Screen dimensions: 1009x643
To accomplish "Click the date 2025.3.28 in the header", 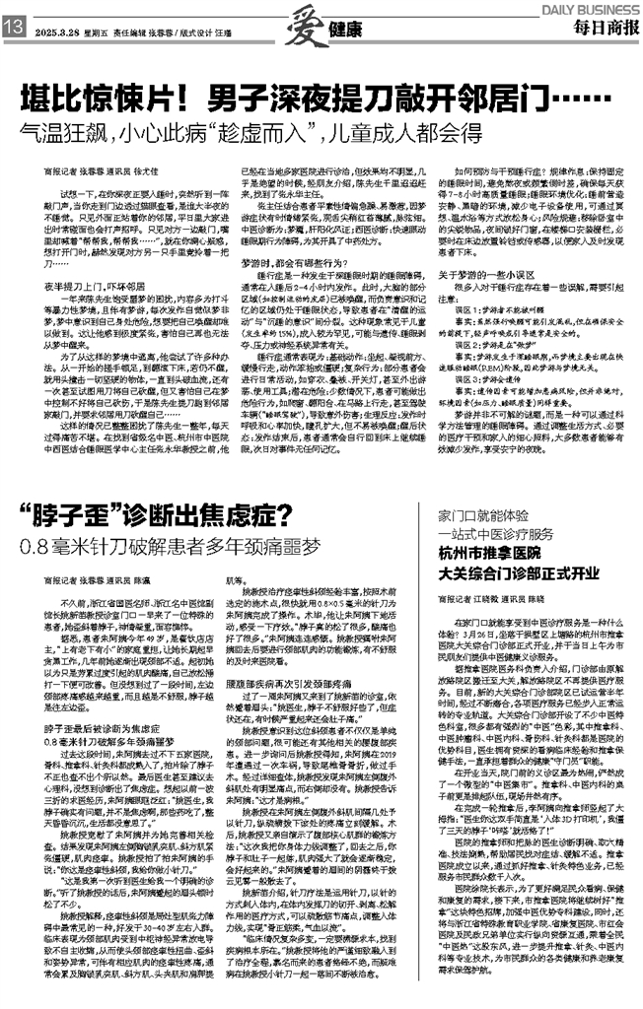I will (58, 30).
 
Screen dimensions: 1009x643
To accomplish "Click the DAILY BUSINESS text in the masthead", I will (592, 7).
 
